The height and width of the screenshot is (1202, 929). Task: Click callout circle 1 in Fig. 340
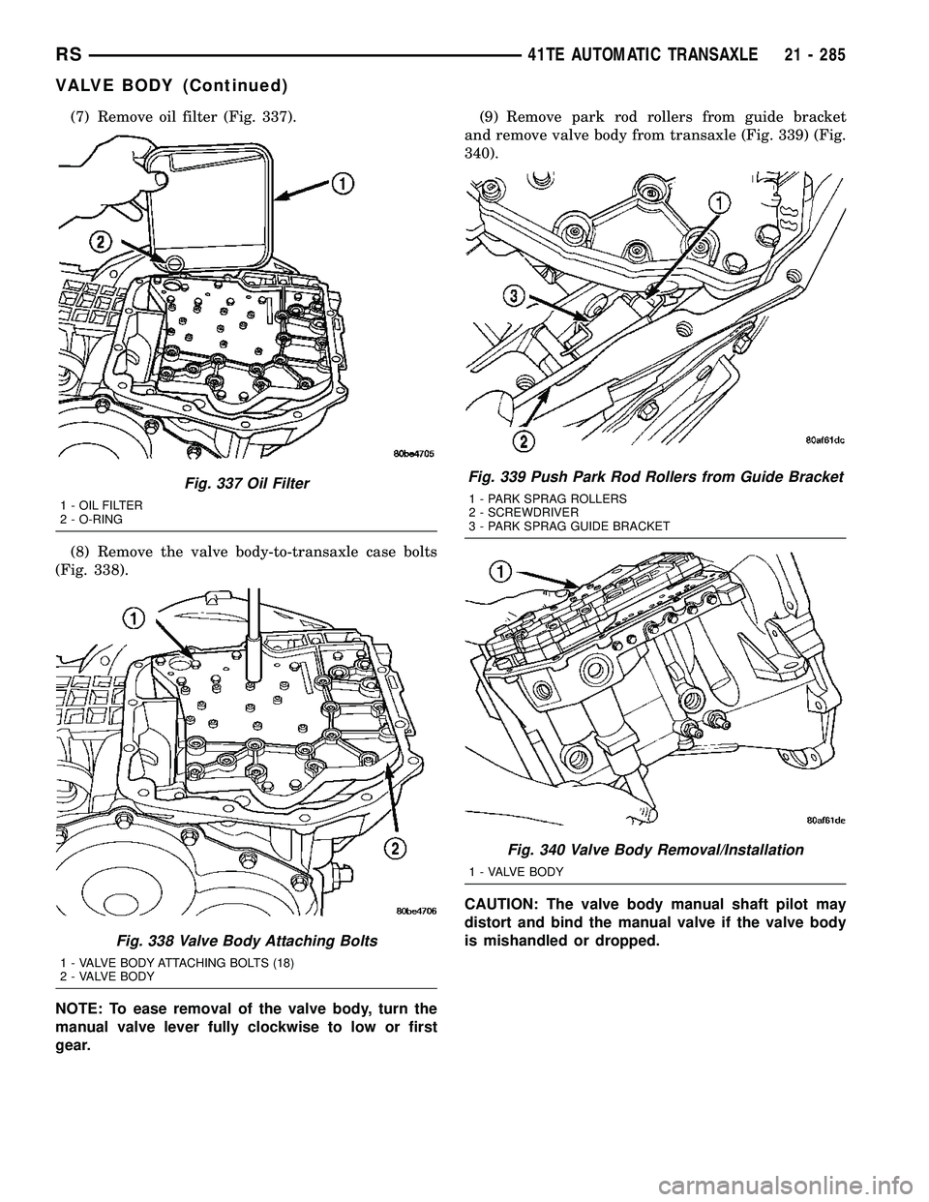pos(499,573)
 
